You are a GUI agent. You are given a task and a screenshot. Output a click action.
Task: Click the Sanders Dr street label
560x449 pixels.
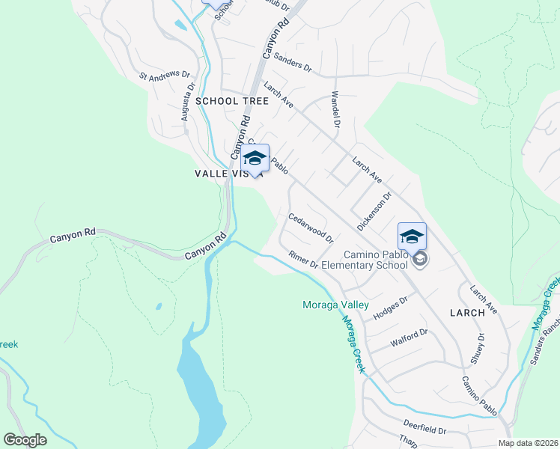[x=293, y=61]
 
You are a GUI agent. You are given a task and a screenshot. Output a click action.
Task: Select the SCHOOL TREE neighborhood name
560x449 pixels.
[x=227, y=101]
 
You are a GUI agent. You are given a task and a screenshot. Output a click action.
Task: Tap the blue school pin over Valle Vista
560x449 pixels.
[x=255, y=158]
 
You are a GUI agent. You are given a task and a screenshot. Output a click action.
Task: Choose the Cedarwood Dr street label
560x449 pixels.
[x=311, y=227]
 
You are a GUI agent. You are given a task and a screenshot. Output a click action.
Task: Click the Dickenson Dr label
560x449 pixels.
[x=374, y=212]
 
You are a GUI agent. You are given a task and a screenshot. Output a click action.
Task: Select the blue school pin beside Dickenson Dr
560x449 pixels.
[x=411, y=236]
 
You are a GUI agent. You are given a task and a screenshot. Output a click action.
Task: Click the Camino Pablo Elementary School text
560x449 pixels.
[x=376, y=260]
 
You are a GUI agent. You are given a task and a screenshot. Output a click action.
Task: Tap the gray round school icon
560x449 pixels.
[x=420, y=259]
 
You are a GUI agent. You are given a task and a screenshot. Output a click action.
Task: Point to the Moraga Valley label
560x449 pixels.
[x=335, y=305]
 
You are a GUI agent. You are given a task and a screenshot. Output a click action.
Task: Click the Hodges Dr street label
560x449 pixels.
[x=390, y=307]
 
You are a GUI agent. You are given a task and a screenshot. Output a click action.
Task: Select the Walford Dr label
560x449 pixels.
[x=409, y=337]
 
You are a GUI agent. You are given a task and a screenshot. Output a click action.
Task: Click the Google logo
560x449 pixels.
[x=25, y=439]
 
